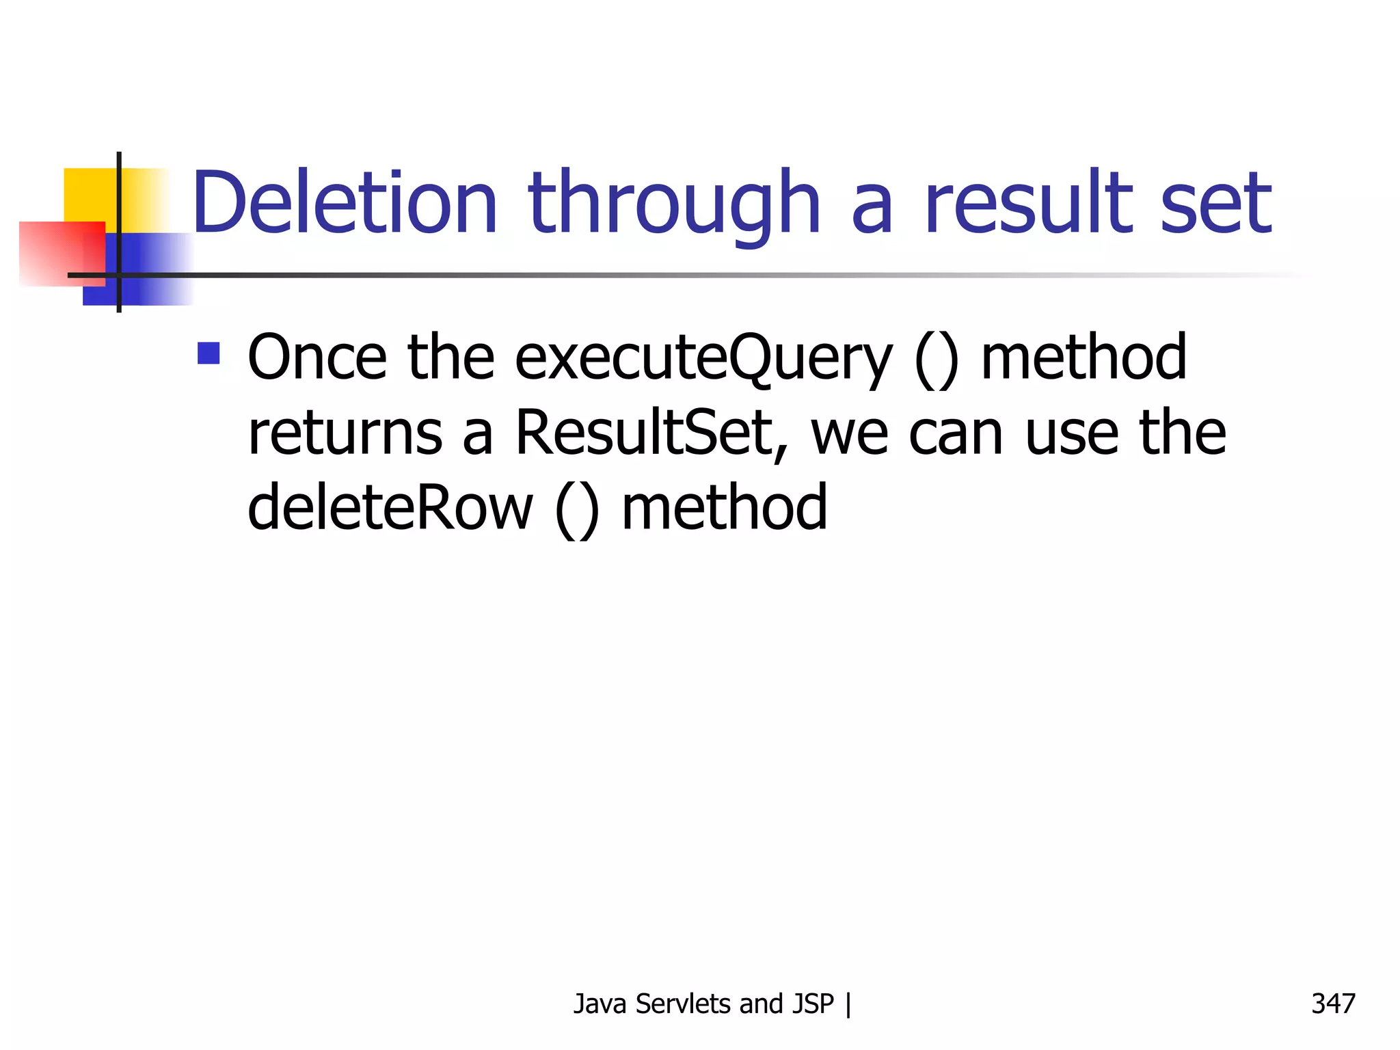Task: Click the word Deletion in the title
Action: pyautogui.click(x=345, y=203)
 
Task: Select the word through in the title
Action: pyautogui.click(x=673, y=203)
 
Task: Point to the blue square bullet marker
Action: pyautogui.click(x=208, y=353)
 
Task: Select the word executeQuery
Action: pyautogui.click(x=703, y=359)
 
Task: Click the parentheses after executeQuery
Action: pyautogui.click(x=937, y=359)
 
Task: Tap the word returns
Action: pyautogui.click(x=345, y=434)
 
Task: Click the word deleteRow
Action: pyautogui.click(x=390, y=507)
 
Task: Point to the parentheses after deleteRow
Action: pyautogui.click(x=577, y=509)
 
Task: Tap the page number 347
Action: pyautogui.click(x=1333, y=1004)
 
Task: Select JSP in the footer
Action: pyautogui.click(x=813, y=1004)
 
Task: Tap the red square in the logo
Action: pyautogui.click(x=62, y=253)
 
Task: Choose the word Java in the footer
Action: pyautogui.click(x=600, y=1004)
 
